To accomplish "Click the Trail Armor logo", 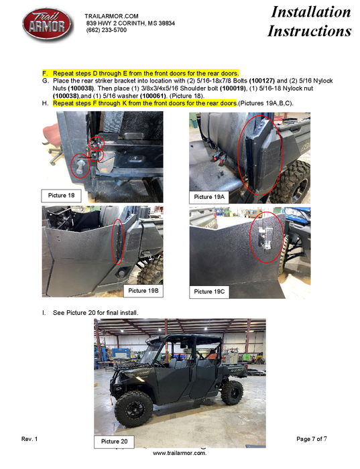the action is (48, 25).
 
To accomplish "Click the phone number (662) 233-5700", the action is (106, 30).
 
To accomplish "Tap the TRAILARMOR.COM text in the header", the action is (111, 16).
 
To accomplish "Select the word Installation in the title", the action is (310, 12).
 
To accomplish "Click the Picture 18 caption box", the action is (61, 196).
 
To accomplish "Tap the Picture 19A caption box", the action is (209, 197).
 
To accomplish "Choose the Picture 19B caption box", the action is (143, 291).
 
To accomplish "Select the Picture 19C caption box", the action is (209, 291).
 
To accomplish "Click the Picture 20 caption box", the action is (114, 442).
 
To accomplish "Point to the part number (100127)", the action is (262, 81).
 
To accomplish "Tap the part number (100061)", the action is (153, 96).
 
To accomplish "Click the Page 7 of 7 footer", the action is (312, 439).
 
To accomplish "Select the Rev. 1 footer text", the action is (29, 439).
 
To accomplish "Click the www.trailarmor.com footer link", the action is (180, 453).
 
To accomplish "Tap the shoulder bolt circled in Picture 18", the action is (80, 165).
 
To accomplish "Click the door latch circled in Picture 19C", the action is (265, 237).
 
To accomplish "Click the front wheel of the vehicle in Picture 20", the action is (133, 409).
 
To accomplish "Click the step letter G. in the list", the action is (46, 81).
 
